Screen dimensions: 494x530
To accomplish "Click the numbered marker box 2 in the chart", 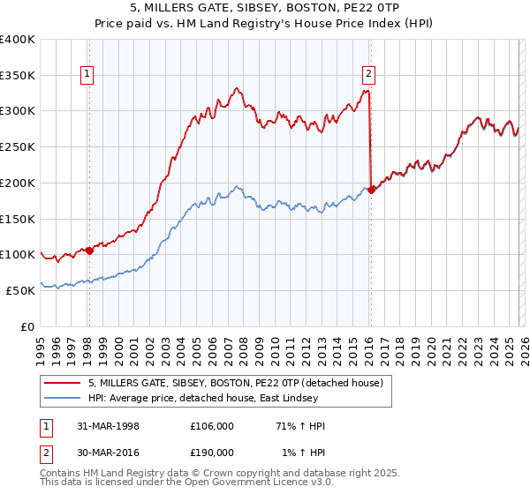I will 368,75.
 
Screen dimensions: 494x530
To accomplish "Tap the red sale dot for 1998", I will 89,251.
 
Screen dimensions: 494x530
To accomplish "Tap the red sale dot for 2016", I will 371,190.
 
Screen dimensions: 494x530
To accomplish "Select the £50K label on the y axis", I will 20,290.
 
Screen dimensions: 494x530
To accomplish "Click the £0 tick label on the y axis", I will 28,326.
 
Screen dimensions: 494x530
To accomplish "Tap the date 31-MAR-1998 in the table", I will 109,426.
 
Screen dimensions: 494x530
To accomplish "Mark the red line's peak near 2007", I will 237,87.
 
